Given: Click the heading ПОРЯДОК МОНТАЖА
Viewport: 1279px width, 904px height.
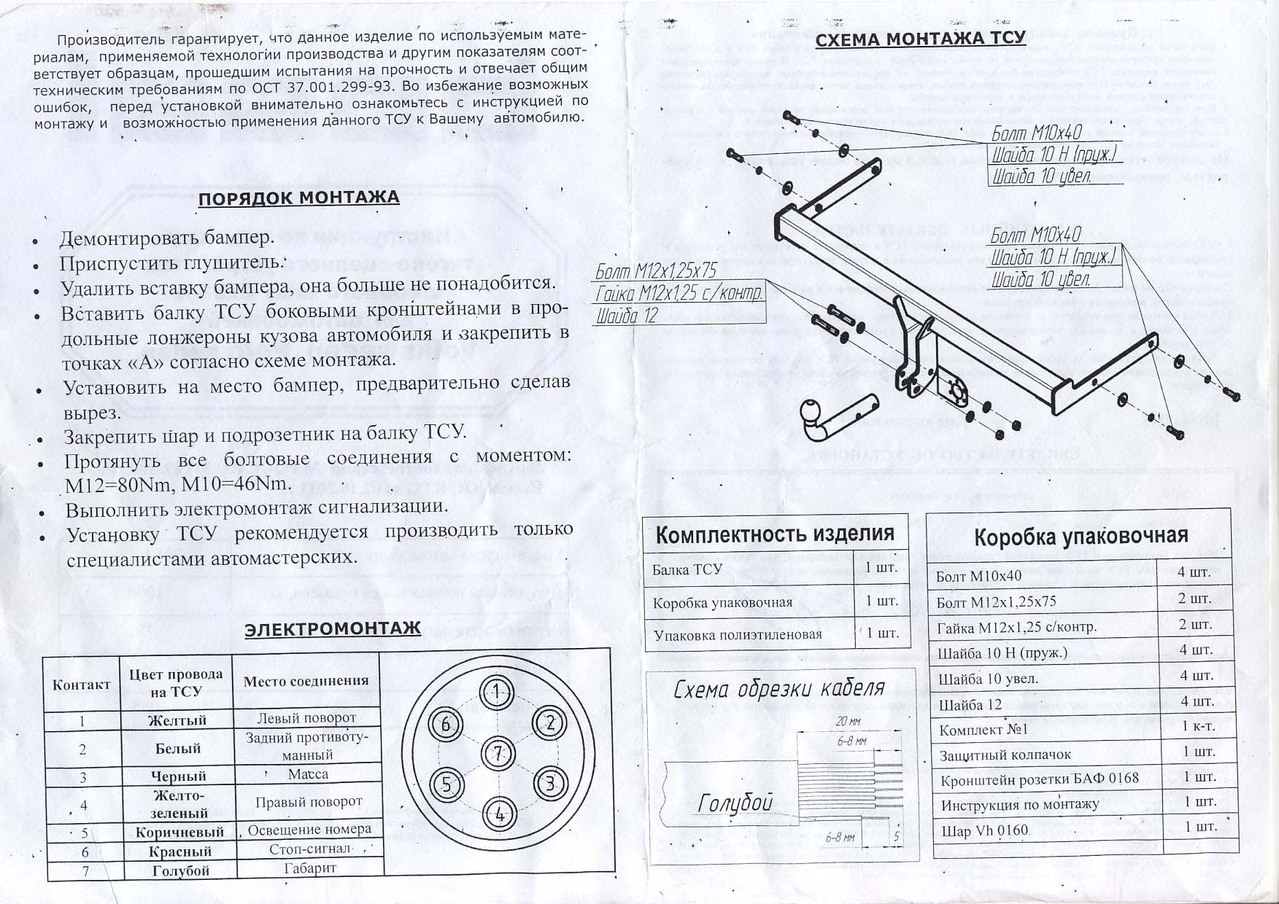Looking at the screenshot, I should coord(299,198).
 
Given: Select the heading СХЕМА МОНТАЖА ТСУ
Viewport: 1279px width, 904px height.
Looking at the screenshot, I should coord(920,39).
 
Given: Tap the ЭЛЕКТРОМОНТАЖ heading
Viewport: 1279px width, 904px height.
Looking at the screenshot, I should coord(333,628).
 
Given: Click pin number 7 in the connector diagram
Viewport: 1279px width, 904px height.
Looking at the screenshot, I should coord(498,752).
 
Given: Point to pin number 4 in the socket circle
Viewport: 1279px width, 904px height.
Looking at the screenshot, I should coord(499,814).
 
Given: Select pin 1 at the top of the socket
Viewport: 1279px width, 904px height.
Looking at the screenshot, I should coord(496,691).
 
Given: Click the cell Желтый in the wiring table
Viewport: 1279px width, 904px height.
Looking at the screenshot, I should coord(177,720).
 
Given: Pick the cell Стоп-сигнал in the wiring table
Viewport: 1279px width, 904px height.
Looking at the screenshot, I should coord(309,850).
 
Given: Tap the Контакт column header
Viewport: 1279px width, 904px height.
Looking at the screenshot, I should coord(82,684).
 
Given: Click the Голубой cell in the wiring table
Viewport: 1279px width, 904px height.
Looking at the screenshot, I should coord(179,870).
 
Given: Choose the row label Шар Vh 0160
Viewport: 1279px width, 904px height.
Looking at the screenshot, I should coord(984,831).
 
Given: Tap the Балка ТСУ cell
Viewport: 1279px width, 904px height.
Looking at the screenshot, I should coord(687,569).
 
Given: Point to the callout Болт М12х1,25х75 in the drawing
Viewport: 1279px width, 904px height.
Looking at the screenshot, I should coord(655,271).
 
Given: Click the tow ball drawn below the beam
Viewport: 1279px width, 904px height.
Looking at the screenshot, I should coord(812,413).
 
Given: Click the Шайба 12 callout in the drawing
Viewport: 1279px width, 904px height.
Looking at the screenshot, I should coord(627,315).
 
